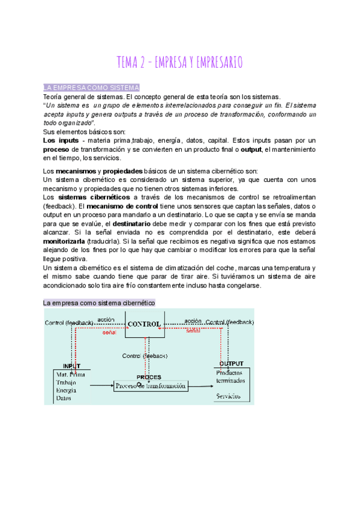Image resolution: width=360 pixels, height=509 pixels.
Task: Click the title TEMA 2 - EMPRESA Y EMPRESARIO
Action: [180, 62]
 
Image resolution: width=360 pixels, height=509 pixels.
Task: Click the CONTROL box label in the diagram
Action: [144, 324]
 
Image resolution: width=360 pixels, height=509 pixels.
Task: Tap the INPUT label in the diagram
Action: [71, 366]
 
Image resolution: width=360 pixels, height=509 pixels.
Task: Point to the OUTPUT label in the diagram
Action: [231, 364]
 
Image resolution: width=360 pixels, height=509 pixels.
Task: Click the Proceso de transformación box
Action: [150, 386]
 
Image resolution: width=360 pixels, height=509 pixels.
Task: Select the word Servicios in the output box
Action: [229, 396]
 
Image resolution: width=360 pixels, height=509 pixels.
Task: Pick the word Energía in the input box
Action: [66, 390]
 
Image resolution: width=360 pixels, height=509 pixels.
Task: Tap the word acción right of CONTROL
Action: [193, 321]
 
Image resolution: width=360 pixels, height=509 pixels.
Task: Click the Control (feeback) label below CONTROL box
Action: [145, 356]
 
